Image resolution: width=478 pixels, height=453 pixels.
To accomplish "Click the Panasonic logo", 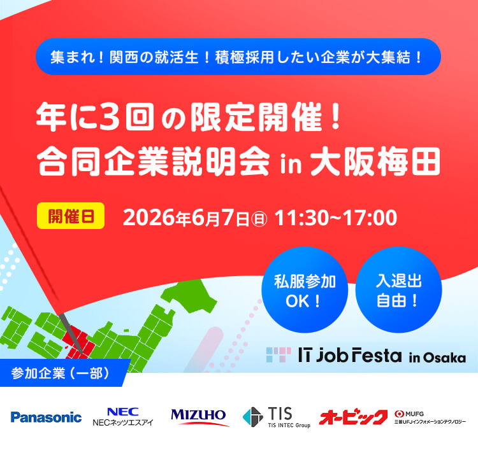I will click(x=46, y=417).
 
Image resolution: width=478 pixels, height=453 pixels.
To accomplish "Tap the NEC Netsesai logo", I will click(x=122, y=417).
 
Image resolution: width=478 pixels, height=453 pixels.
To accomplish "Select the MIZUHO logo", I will click(x=199, y=417).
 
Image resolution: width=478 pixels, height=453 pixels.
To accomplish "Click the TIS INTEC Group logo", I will click(x=275, y=417).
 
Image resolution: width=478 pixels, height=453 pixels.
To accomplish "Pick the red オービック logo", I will click(x=353, y=417).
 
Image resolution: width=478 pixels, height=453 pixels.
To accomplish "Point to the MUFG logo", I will click(x=430, y=417).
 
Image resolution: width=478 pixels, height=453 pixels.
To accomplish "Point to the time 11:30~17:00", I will click(x=336, y=217).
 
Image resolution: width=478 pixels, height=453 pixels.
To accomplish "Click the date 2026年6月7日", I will click(x=187, y=217).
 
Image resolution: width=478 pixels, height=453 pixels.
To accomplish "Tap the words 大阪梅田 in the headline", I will click(x=374, y=163).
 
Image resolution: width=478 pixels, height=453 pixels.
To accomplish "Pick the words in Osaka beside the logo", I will click(x=437, y=357).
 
